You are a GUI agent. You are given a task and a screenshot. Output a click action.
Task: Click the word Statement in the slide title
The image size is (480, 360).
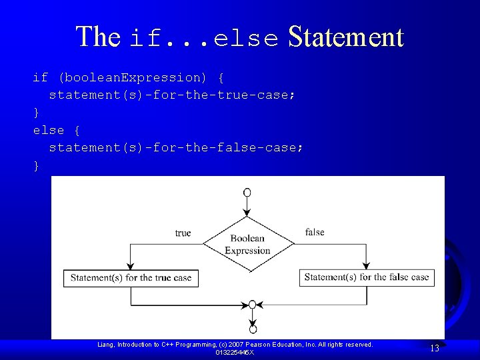click(x=345, y=37)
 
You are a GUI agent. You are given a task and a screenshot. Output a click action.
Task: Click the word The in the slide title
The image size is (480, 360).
click(x=97, y=37)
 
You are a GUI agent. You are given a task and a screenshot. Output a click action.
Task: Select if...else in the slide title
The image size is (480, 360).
click(x=205, y=39)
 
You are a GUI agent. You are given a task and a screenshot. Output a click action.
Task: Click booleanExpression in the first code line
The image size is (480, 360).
click(x=134, y=77)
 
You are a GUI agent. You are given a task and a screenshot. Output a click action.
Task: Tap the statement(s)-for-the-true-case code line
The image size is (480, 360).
click(x=171, y=95)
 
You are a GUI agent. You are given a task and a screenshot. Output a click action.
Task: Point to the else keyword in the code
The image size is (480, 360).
click(x=49, y=130)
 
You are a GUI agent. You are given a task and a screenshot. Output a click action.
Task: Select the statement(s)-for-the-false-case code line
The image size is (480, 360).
click(x=175, y=147)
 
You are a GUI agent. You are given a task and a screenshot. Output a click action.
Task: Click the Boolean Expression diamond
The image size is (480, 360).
click(x=248, y=244)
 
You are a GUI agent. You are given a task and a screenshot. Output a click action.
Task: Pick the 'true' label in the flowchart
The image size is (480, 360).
click(x=183, y=233)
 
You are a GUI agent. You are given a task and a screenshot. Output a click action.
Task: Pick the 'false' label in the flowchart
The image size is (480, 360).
click(x=315, y=232)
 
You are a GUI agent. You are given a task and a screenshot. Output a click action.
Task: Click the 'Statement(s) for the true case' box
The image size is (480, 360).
click(x=131, y=278)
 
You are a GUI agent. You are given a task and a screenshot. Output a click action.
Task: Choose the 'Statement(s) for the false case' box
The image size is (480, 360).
click(x=367, y=277)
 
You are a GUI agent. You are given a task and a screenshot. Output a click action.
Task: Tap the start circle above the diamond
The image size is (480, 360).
click(x=247, y=193)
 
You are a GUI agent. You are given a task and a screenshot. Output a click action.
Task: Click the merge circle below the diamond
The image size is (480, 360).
click(x=252, y=305)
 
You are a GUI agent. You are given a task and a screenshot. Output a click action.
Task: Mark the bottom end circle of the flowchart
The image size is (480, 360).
click(x=253, y=329)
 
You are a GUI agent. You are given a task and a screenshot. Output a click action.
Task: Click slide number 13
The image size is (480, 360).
click(x=435, y=348)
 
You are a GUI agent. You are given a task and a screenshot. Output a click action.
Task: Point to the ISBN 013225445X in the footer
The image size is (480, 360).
click(x=235, y=352)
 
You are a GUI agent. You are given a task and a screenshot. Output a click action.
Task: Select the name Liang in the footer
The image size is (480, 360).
click(x=105, y=344)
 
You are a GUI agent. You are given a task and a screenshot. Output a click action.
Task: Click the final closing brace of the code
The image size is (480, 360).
click(x=37, y=165)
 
